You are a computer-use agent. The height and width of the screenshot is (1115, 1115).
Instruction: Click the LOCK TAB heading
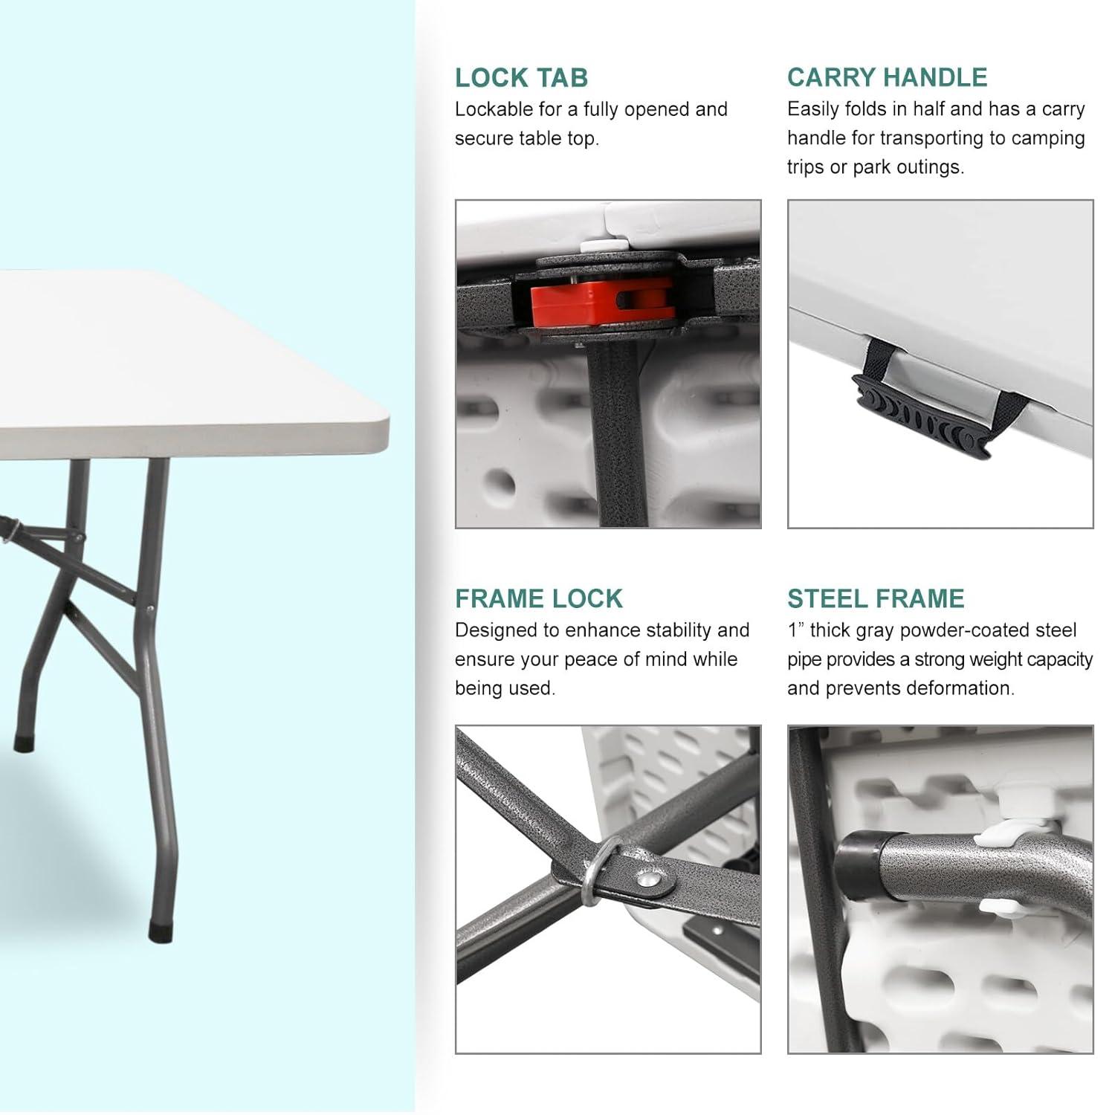tap(521, 77)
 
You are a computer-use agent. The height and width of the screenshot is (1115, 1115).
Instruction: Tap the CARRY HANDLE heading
tap(887, 77)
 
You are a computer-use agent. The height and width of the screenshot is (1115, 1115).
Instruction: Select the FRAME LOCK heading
tap(538, 598)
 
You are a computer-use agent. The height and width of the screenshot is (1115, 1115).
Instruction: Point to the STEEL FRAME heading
tap(876, 598)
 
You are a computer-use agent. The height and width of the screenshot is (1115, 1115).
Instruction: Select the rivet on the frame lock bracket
tap(650, 880)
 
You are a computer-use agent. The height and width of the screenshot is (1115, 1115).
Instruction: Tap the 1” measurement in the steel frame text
tap(795, 630)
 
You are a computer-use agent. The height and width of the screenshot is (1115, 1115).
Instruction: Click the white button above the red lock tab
tap(595, 244)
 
